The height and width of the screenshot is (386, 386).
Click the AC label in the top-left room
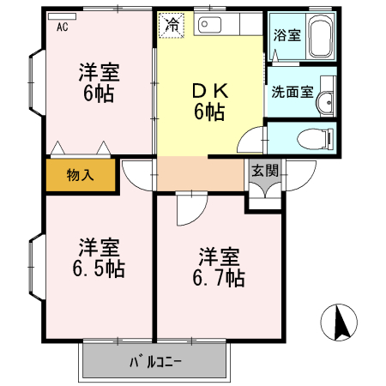point(62,27)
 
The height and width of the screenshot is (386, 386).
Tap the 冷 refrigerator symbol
point(172,26)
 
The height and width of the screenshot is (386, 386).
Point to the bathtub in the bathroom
point(322,39)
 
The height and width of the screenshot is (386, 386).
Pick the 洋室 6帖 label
point(98,81)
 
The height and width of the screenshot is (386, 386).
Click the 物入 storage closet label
point(80,176)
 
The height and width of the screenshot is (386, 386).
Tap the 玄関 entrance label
point(265,170)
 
